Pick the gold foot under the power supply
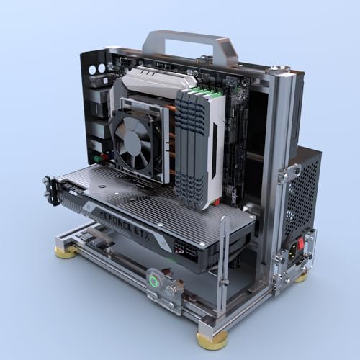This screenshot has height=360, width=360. (x=302, y=274)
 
